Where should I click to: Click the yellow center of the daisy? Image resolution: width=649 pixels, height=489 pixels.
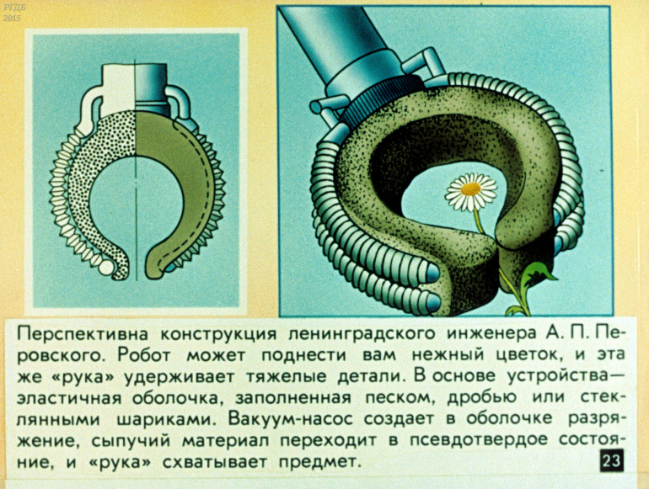click(470, 189)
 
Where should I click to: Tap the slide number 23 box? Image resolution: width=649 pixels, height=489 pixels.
click(611, 461)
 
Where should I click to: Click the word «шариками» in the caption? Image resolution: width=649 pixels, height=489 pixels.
click(166, 419)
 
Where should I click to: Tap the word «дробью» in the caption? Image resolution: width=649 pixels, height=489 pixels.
click(483, 398)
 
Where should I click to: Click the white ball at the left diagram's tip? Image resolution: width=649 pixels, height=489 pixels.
click(106, 268)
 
